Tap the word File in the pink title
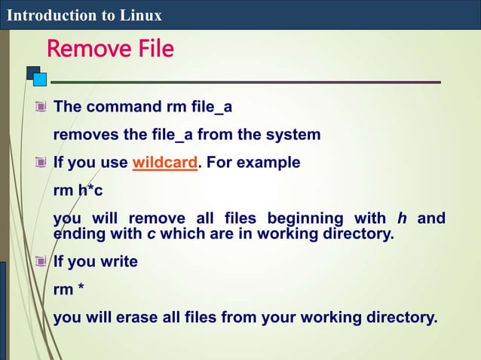click(155, 50)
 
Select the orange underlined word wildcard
click(164, 163)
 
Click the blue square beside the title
click(40, 78)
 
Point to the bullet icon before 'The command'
click(41, 107)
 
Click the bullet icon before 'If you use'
click(41, 163)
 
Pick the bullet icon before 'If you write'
click(41, 261)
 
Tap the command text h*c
click(90, 191)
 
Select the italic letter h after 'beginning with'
click(403, 219)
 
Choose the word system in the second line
click(293, 135)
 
